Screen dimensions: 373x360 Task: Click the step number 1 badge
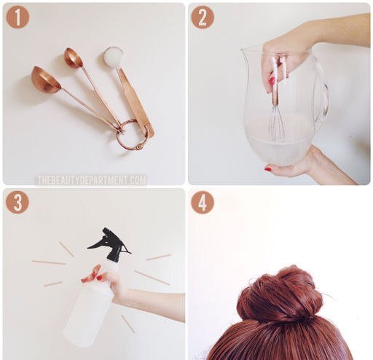click(x=17, y=17)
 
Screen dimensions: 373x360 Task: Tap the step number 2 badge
click(x=203, y=17)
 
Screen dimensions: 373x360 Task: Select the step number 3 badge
click(x=17, y=202)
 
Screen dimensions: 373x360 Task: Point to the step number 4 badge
click(x=203, y=203)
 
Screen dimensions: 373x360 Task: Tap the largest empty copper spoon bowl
click(x=46, y=79)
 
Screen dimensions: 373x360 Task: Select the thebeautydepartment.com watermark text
click(x=92, y=180)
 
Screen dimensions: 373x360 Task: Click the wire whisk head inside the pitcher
click(x=277, y=123)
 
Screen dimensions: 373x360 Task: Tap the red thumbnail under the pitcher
click(x=268, y=169)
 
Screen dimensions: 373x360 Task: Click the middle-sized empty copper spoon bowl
click(x=73, y=58)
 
